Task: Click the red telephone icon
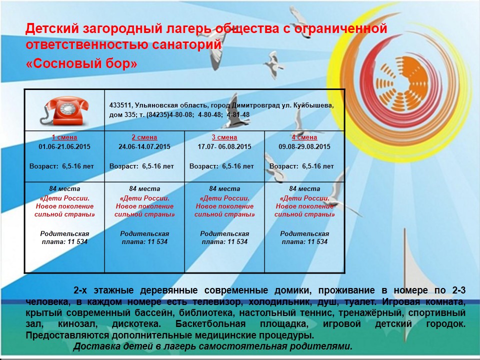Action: pos(64,111)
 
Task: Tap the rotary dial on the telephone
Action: pos(66,108)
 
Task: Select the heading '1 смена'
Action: pos(64,137)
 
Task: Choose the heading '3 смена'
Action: pos(224,137)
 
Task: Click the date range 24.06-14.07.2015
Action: pos(144,146)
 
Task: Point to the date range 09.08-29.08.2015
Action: pos(304,146)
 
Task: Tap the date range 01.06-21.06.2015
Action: pos(64,146)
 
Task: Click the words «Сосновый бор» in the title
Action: pos(81,63)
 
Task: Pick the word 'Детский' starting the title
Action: pos(51,28)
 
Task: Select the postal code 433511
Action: pos(120,105)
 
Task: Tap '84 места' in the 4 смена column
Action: pos(304,189)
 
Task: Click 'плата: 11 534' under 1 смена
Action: pos(64,242)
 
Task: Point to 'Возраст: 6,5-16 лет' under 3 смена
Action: pos(221,166)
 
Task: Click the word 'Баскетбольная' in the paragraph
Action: pos(210,324)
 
